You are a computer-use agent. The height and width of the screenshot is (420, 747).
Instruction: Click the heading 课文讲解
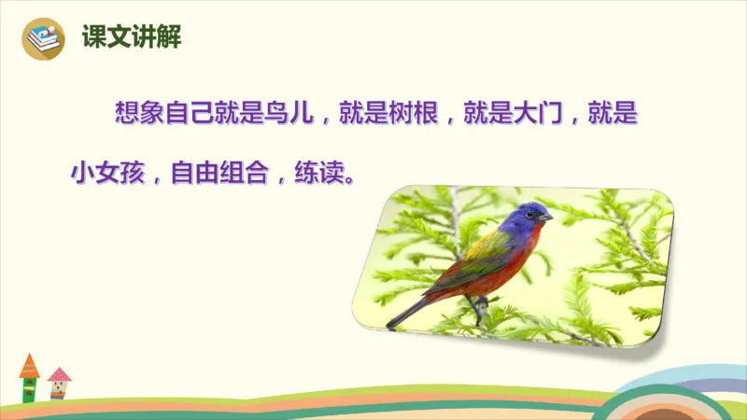(x=130, y=37)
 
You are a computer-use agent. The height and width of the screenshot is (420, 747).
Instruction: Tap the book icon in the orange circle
(x=41, y=38)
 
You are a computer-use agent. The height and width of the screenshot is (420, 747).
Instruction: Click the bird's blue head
(x=522, y=217)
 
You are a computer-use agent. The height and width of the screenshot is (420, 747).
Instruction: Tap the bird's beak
(x=546, y=217)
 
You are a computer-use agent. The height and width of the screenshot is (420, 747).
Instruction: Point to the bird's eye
(x=530, y=214)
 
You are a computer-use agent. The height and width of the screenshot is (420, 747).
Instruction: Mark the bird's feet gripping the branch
(x=477, y=303)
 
